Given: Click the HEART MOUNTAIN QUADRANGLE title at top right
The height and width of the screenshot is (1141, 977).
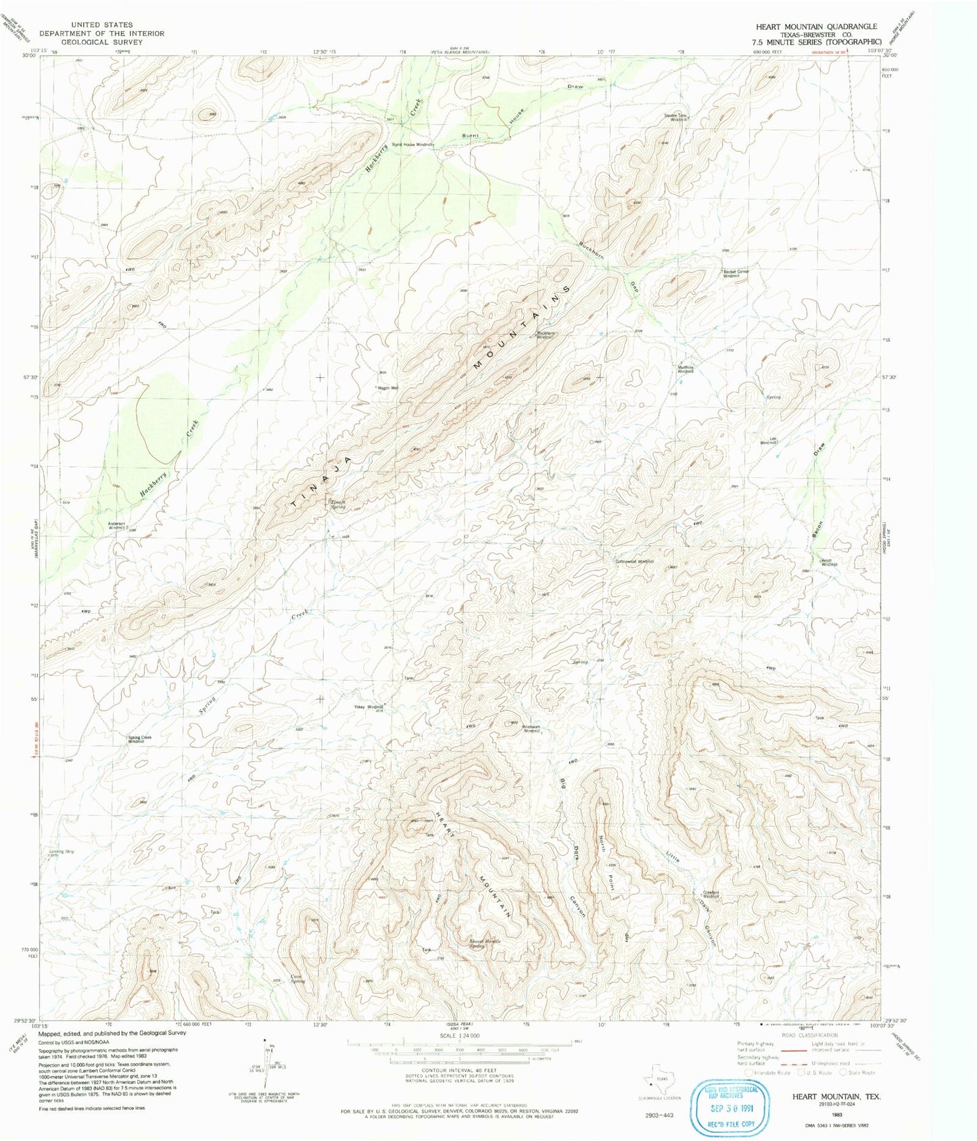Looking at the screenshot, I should [x=816, y=26].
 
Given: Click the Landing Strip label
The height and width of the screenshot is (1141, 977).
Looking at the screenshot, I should [x=62, y=852].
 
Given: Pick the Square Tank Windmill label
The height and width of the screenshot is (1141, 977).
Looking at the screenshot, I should [x=676, y=118].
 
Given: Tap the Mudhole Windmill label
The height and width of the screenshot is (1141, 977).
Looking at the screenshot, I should [x=686, y=370].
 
